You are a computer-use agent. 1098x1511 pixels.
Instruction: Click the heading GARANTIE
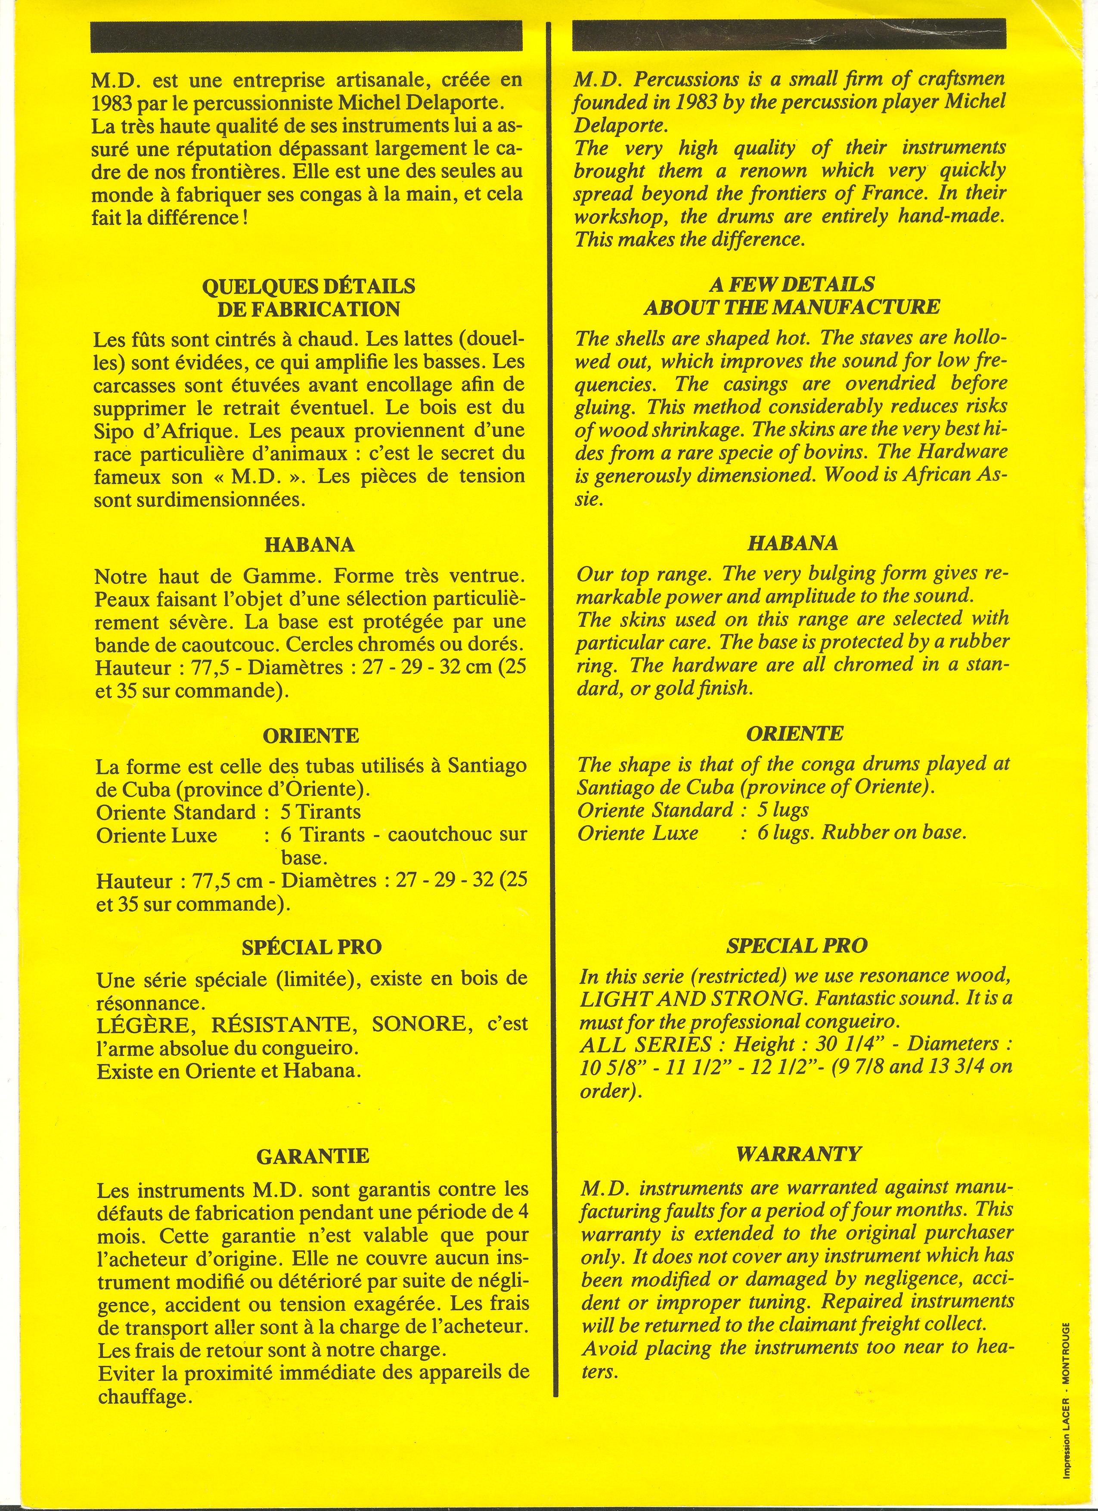[313, 1155]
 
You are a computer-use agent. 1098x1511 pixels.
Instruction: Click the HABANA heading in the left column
[310, 544]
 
